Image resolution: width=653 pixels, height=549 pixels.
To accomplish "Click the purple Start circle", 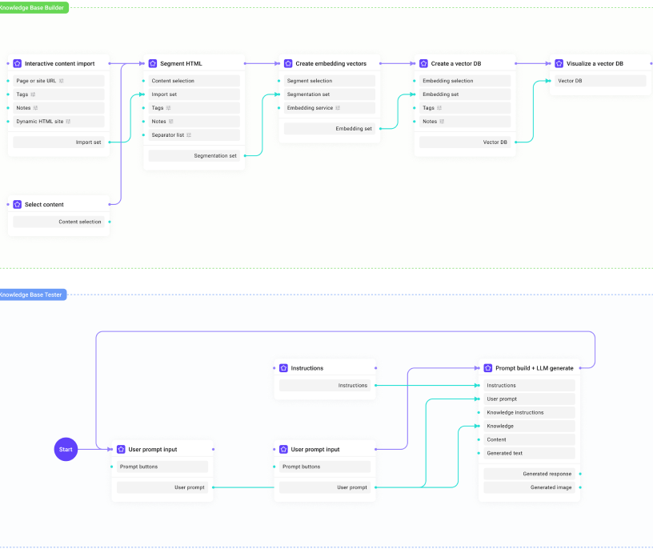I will coord(66,450).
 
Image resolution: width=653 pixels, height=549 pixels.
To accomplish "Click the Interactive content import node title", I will coord(59,63).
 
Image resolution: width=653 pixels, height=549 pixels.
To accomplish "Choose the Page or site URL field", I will coord(36,81).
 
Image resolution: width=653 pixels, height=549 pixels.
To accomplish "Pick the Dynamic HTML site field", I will coord(40,122).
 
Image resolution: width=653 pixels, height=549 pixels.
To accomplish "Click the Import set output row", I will coord(88,142).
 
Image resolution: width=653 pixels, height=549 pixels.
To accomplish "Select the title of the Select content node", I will coord(44,205).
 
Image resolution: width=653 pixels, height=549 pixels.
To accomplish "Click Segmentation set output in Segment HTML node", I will coord(215,156).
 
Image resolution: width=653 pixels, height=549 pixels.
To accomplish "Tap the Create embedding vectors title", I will coord(331,63).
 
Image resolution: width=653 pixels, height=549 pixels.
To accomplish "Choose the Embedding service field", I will coord(310,108).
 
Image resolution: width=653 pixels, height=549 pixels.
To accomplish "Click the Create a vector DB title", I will coord(456,63).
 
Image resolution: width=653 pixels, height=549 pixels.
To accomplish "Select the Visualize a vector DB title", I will coord(595,63).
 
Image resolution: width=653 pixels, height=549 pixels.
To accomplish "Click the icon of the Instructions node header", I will coord(283,368).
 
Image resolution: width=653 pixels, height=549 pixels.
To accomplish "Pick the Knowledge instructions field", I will coord(515,413).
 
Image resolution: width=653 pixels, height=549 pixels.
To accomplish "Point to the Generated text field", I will coord(504,453).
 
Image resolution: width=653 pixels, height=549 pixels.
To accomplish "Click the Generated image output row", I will coord(551,487).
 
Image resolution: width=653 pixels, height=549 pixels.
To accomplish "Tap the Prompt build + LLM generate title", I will coord(534,368).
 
